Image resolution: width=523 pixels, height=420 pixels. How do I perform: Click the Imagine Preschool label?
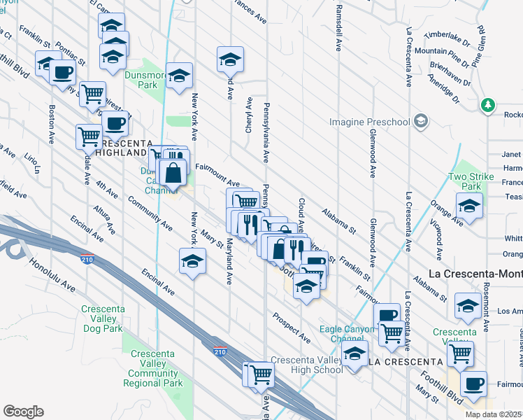click(x=370, y=122)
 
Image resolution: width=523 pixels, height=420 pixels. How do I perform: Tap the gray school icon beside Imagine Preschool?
click(x=420, y=122)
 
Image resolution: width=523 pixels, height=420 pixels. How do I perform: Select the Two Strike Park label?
click(x=471, y=181)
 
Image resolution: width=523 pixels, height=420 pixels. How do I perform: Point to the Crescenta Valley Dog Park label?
click(x=102, y=318)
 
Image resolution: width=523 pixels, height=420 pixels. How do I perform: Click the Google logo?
click(x=23, y=411)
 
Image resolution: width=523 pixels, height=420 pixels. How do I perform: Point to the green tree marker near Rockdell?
click(x=488, y=106)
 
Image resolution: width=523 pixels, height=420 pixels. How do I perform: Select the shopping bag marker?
click(x=173, y=171)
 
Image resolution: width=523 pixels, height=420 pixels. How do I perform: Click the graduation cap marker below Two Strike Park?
click(x=469, y=206)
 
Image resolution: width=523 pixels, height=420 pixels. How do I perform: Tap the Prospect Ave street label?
click(x=292, y=327)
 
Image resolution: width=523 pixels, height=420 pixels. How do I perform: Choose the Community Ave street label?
click(x=150, y=213)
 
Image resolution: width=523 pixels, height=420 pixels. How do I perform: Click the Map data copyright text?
click(x=494, y=414)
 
